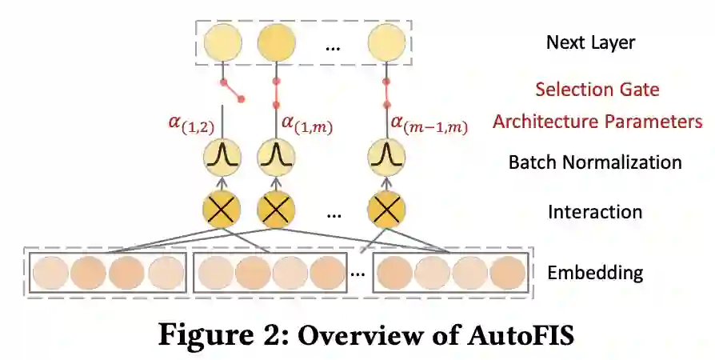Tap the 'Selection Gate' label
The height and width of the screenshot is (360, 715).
coord(597,89)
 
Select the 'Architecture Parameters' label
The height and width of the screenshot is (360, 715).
coord(597,122)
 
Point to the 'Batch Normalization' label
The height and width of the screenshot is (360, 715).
coord(595,162)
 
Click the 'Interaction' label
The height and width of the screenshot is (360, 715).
coord(594,212)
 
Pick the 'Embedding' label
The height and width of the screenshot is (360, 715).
coord(594,273)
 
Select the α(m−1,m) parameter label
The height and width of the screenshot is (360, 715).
coord(429,123)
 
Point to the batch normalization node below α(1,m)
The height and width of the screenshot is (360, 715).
coord(276,156)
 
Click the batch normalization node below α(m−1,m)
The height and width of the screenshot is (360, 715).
coord(386,156)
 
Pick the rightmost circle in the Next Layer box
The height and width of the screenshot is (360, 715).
coord(386,43)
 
